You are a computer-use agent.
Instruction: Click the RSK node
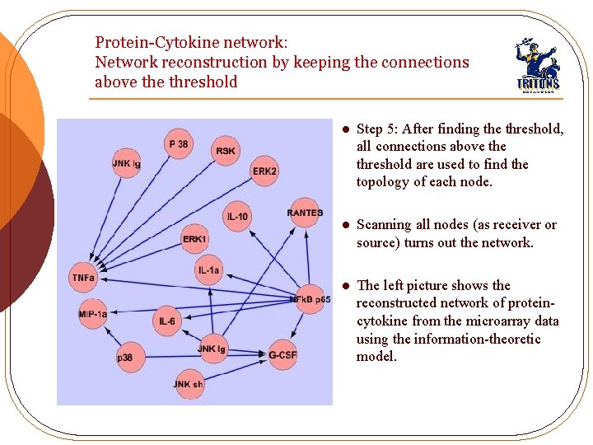(226, 151)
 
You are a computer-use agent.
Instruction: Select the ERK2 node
(264, 171)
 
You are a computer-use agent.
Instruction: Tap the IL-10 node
(236, 217)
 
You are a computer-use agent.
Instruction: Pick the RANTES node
(305, 213)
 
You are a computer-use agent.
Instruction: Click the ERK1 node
(194, 239)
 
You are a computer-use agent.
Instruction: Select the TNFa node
(83, 278)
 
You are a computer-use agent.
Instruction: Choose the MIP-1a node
(92, 314)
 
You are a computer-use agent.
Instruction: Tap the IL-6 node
(166, 321)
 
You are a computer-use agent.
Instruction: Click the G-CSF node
(282, 354)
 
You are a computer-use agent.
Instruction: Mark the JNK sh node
(189, 384)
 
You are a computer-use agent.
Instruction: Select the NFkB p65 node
(311, 298)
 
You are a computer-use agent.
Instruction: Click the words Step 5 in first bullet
(376, 129)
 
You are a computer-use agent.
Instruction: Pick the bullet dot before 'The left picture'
(346, 286)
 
